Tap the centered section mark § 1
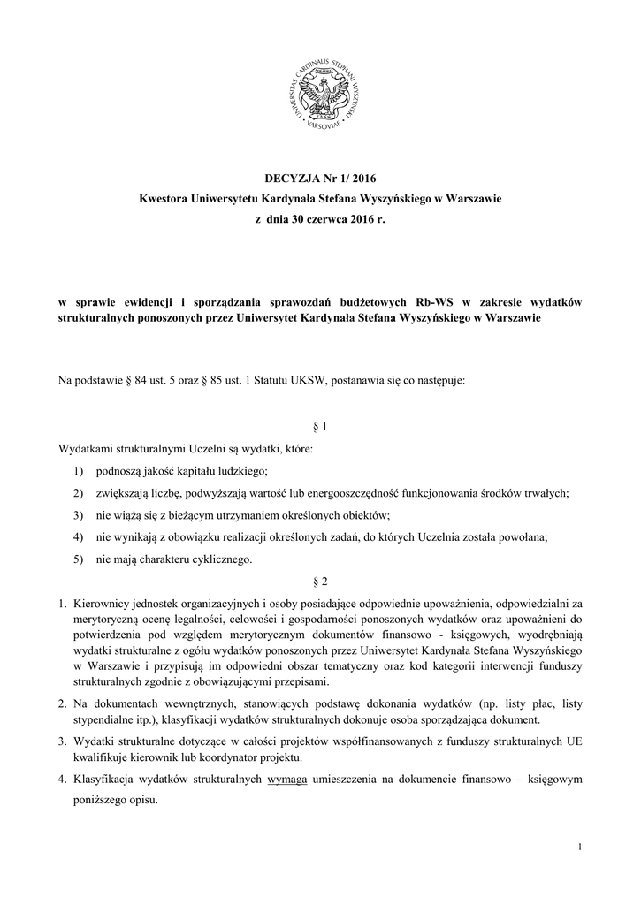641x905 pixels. tap(320, 427)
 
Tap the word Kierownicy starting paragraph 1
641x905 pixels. tap(103, 603)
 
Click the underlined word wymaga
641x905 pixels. tap(286, 780)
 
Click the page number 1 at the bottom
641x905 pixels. tap(579, 848)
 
